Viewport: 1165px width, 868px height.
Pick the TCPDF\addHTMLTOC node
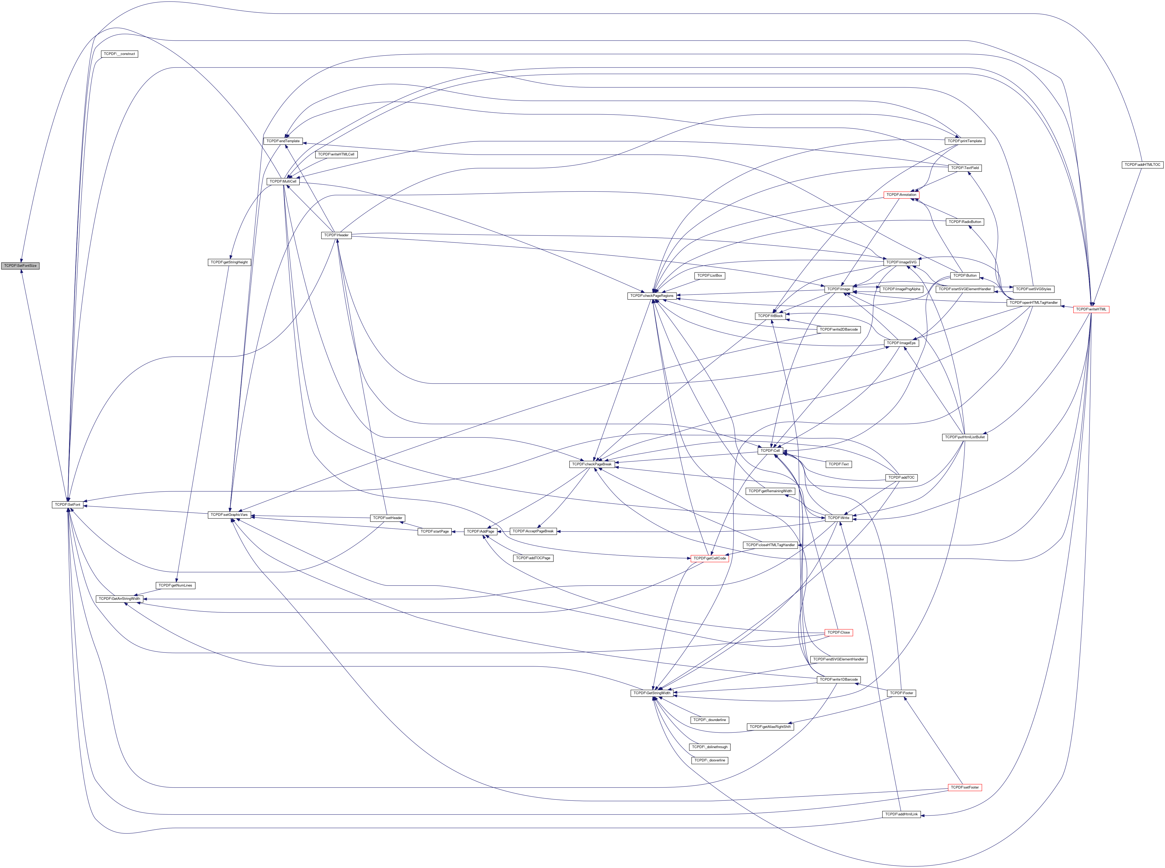[x=1142, y=165]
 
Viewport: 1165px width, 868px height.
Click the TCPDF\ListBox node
[x=709, y=275]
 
